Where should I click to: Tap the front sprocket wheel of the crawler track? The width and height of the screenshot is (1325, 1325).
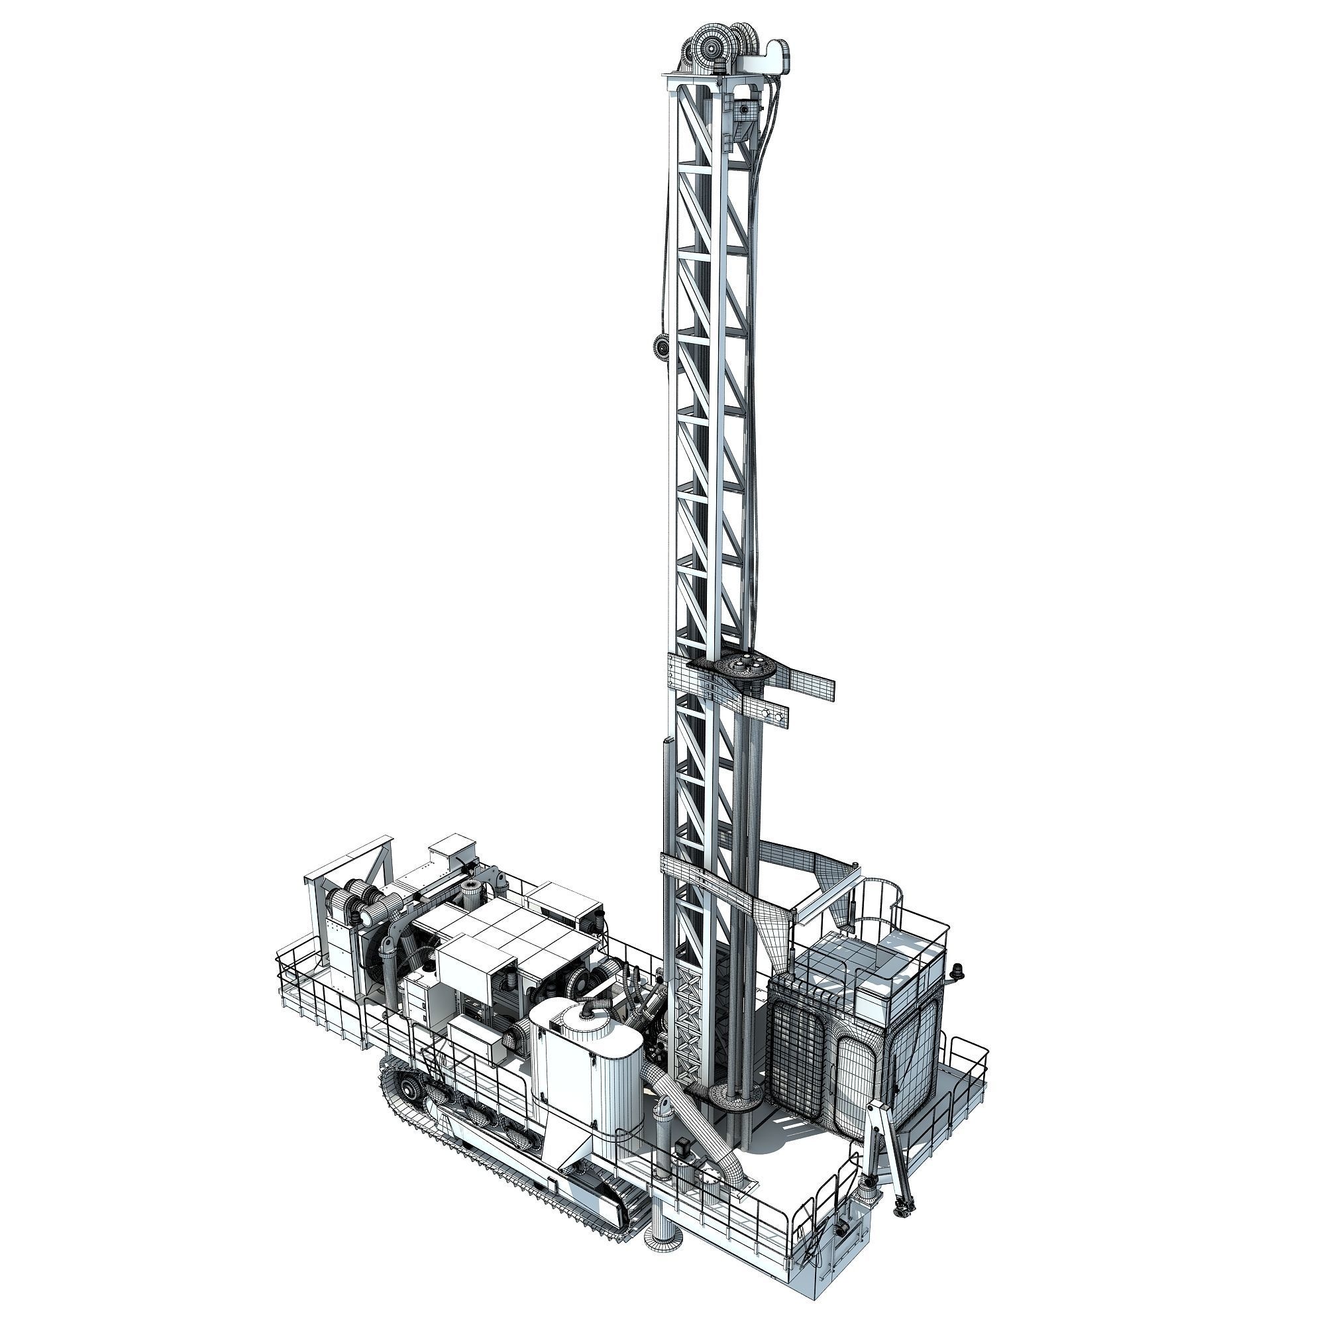(x=411, y=1088)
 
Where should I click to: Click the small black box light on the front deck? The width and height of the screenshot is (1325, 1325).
(x=683, y=1148)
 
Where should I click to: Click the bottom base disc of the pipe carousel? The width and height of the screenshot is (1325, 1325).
(x=735, y=1096)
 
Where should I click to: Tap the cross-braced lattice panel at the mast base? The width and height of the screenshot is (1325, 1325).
(x=688, y=1035)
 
